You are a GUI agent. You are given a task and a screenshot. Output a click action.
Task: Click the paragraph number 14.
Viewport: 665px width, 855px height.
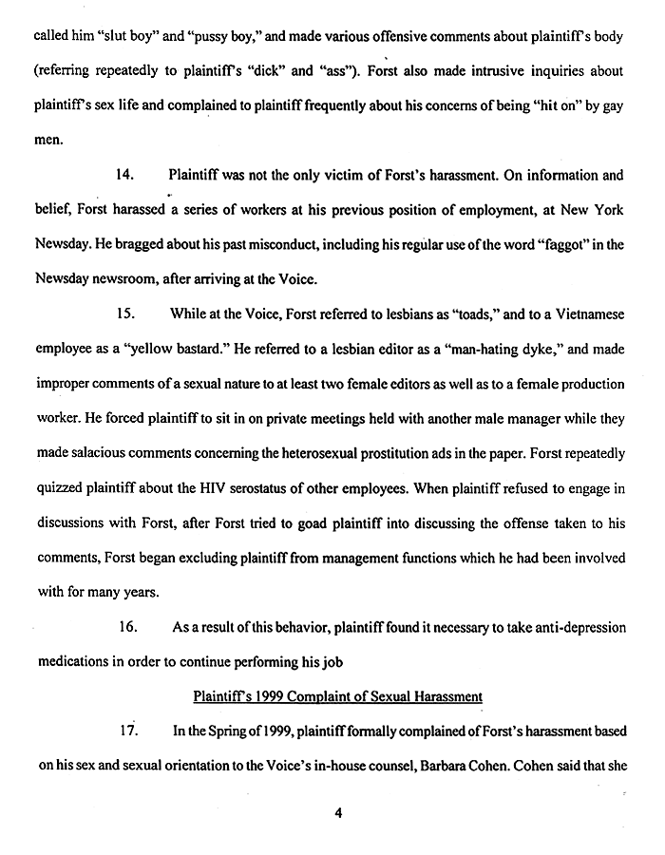[123, 176]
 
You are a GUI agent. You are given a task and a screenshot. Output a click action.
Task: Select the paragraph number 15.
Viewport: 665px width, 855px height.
[123, 313]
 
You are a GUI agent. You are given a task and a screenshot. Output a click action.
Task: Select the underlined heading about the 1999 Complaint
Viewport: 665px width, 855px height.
[337, 696]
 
